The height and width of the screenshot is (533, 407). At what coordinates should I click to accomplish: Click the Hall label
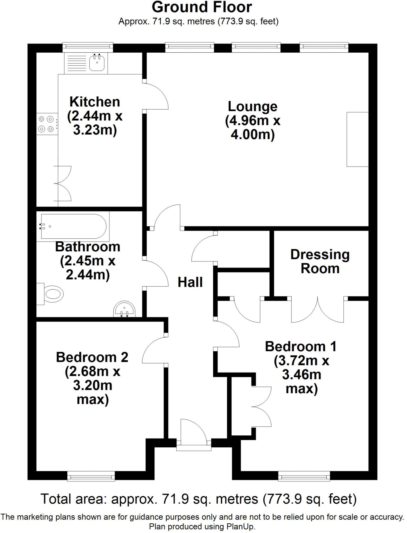click(190, 282)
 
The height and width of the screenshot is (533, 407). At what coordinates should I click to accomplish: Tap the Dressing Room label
click(320, 261)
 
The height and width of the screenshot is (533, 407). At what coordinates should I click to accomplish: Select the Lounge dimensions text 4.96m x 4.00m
click(253, 128)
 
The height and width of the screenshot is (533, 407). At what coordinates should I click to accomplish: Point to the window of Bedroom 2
click(91, 477)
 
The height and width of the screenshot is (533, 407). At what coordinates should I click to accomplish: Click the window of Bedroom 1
click(304, 477)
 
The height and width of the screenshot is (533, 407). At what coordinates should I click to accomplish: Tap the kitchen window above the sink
click(88, 46)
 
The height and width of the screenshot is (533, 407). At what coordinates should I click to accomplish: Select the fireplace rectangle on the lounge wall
click(358, 139)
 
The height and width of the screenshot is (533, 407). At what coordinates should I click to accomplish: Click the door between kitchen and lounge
click(156, 96)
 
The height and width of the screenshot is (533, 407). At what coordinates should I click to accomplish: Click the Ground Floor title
click(202, 7)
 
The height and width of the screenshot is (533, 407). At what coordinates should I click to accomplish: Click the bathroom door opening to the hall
click(156, 273)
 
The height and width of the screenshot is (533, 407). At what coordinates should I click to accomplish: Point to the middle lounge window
click(256, 46)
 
